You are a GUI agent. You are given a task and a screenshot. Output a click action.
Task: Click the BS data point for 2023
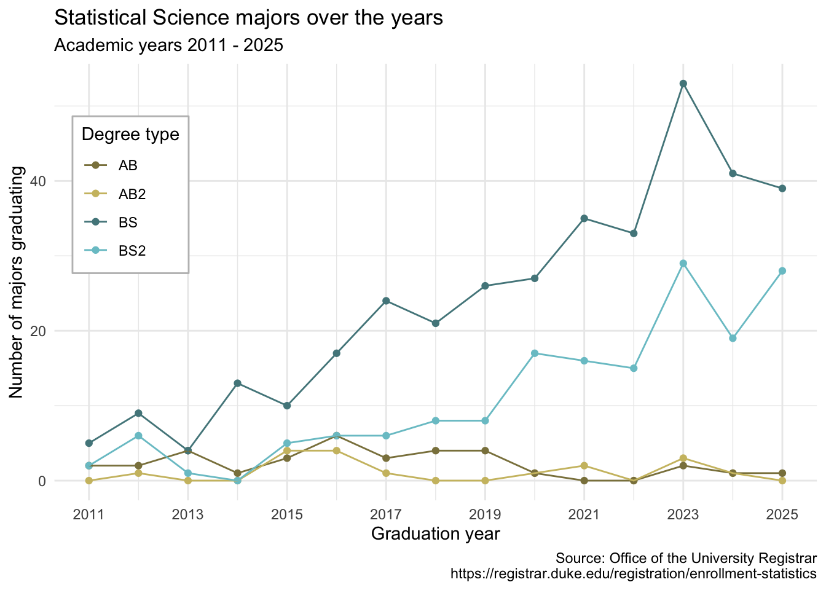pos(683,84)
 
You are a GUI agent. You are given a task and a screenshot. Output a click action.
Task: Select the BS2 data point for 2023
pos(683,264)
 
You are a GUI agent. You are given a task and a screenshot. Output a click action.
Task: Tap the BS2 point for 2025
pos(782,271)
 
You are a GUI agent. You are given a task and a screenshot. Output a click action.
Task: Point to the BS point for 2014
pos(237,383)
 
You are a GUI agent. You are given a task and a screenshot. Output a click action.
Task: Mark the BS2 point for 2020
pos(535,353)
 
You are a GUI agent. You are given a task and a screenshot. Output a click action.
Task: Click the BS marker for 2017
pos(386,301)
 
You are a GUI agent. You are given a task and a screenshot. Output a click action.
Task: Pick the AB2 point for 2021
pos(584,466)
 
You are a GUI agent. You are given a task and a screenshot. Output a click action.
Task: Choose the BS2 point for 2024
pos(733,338)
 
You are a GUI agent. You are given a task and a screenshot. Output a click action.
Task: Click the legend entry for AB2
pos(132,194)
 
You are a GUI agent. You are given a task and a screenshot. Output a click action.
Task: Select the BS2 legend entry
pos(132,251)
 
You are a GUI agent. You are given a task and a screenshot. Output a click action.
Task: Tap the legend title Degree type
pos(130,135)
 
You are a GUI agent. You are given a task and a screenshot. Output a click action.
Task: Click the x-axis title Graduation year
pos(435,534)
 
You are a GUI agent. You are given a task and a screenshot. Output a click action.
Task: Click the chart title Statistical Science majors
pos(248,18)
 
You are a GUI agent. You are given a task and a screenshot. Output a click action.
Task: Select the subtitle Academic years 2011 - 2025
pos(168,45)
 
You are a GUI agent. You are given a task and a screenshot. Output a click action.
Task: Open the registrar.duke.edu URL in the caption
pos(633,574)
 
